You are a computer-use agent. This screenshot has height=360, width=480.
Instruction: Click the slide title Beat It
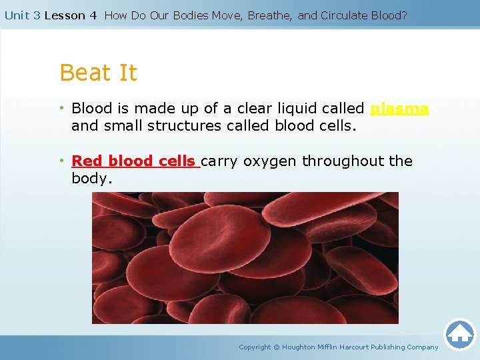tap(98, 73)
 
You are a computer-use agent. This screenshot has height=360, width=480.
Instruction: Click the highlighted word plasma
tap(399, 109)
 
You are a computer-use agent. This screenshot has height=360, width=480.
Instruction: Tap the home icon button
tap(460, 334)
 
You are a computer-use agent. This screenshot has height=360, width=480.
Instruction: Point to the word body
tap(92, 179)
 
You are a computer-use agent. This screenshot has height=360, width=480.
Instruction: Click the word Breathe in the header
tap(269, 15)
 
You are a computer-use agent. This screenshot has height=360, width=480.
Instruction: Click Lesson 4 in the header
tap(71, 15)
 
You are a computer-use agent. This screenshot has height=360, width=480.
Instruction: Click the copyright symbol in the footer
tap(277, 347)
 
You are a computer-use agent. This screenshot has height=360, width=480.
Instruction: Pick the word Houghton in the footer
tap(299, 347)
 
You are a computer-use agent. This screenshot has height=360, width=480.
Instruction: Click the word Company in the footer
tap(423, 347)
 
